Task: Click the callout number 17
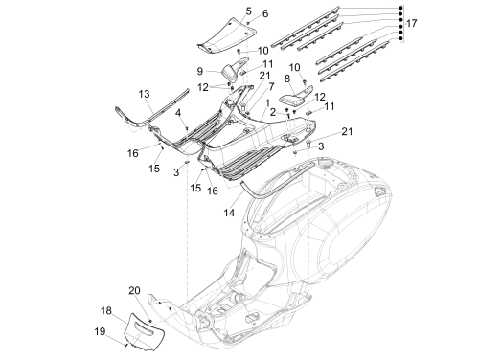coord(411,23)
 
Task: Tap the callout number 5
coord(248,11)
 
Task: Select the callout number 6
coord(265,13)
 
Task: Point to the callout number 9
coord(200,71)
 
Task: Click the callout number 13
coord(144,94)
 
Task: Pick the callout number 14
coord(229,213)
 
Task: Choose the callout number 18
coord(106,310)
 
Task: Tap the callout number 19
coord(100,331)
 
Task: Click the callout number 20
coord(134,290)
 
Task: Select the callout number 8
coord(287,79)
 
